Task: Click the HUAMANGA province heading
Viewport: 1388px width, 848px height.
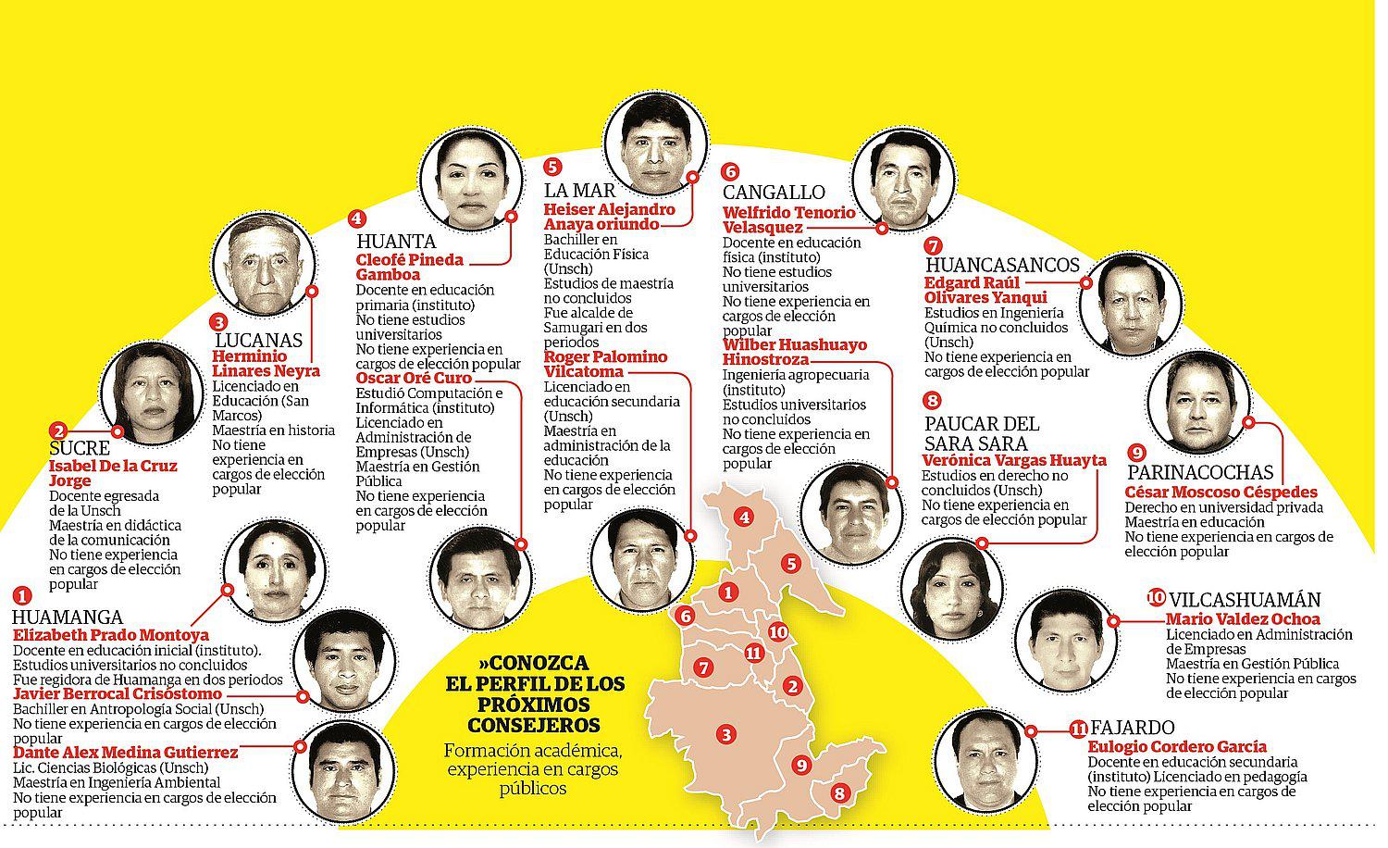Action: (x=67, y=617)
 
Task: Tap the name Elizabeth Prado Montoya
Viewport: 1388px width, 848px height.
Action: (x=110, y=635)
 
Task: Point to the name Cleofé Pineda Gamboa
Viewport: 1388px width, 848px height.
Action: (x=409, y=267)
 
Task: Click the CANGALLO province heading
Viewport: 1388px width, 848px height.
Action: (x=774, y=193)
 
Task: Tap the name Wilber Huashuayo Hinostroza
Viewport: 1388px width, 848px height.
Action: (x=794, y=352)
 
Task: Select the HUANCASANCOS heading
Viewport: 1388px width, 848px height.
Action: (x=1002, y=266)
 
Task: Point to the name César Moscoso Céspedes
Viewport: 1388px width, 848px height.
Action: (x=1221, y=493)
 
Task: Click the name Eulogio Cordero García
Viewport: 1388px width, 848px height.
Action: (x=1177, y=746)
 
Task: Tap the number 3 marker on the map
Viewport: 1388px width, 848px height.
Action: (x=728, y=735)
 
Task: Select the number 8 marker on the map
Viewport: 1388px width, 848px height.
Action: (x=839, y=792)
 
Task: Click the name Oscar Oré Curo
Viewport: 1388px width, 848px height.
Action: (x=414, y=378)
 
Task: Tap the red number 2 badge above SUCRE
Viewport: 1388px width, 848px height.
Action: (x=58, y=430)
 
